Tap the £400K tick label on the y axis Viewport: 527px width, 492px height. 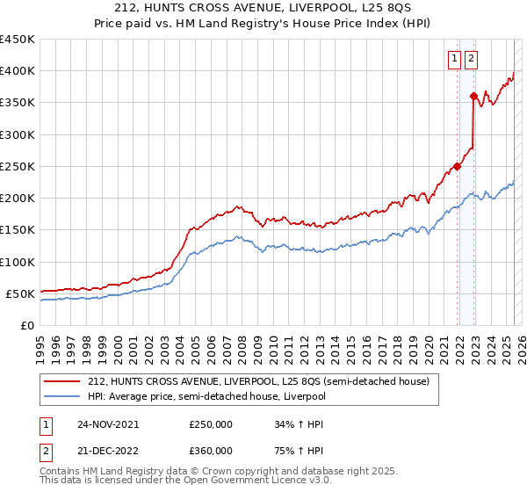click(18, 71)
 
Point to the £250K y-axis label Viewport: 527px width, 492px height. click(18, 166)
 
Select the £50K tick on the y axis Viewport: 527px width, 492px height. click(21, 293)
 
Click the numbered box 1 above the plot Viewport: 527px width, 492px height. click(454, 59)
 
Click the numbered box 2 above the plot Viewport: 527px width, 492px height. click(471, 59)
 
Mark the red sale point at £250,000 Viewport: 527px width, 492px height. click(458, 166)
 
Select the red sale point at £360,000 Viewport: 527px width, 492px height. click(474, 97)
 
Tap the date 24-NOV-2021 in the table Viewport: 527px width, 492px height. click(108, 424)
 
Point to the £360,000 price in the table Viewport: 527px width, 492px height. click(210, 450)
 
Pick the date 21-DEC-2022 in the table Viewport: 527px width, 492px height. click(108, 450)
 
